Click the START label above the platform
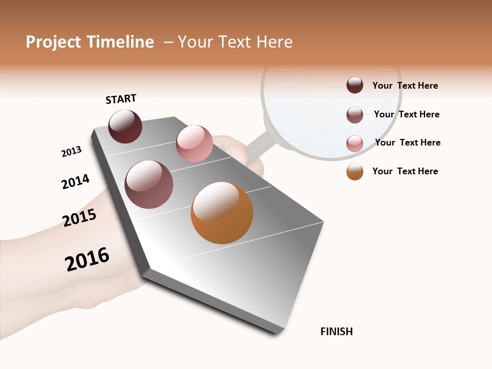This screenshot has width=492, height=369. [x=121, y=99]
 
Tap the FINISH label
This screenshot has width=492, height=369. [x=336, y=332]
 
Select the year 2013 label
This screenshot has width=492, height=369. [x=71, y=152]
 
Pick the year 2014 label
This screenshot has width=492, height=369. [x=75, y=181]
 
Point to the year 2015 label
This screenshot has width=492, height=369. [x=79, y=218]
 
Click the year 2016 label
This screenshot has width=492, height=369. [x=87, y=259]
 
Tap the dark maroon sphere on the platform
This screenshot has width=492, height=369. [x=125, y=127]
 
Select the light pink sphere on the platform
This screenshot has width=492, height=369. [x=194, y=143]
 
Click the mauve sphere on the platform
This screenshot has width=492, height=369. [x=149, y=184]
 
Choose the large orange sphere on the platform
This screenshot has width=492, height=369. [x=222, y=213]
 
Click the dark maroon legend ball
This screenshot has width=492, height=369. [x=355, y=86]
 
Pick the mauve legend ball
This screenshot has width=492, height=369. [x=355, y=115]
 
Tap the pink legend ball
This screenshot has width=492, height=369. [x=355, y=143]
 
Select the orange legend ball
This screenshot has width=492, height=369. [x=355, y=172]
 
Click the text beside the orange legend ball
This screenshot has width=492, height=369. [x=405, y=171]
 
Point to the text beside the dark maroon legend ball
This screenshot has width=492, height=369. [x=405, y=86]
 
